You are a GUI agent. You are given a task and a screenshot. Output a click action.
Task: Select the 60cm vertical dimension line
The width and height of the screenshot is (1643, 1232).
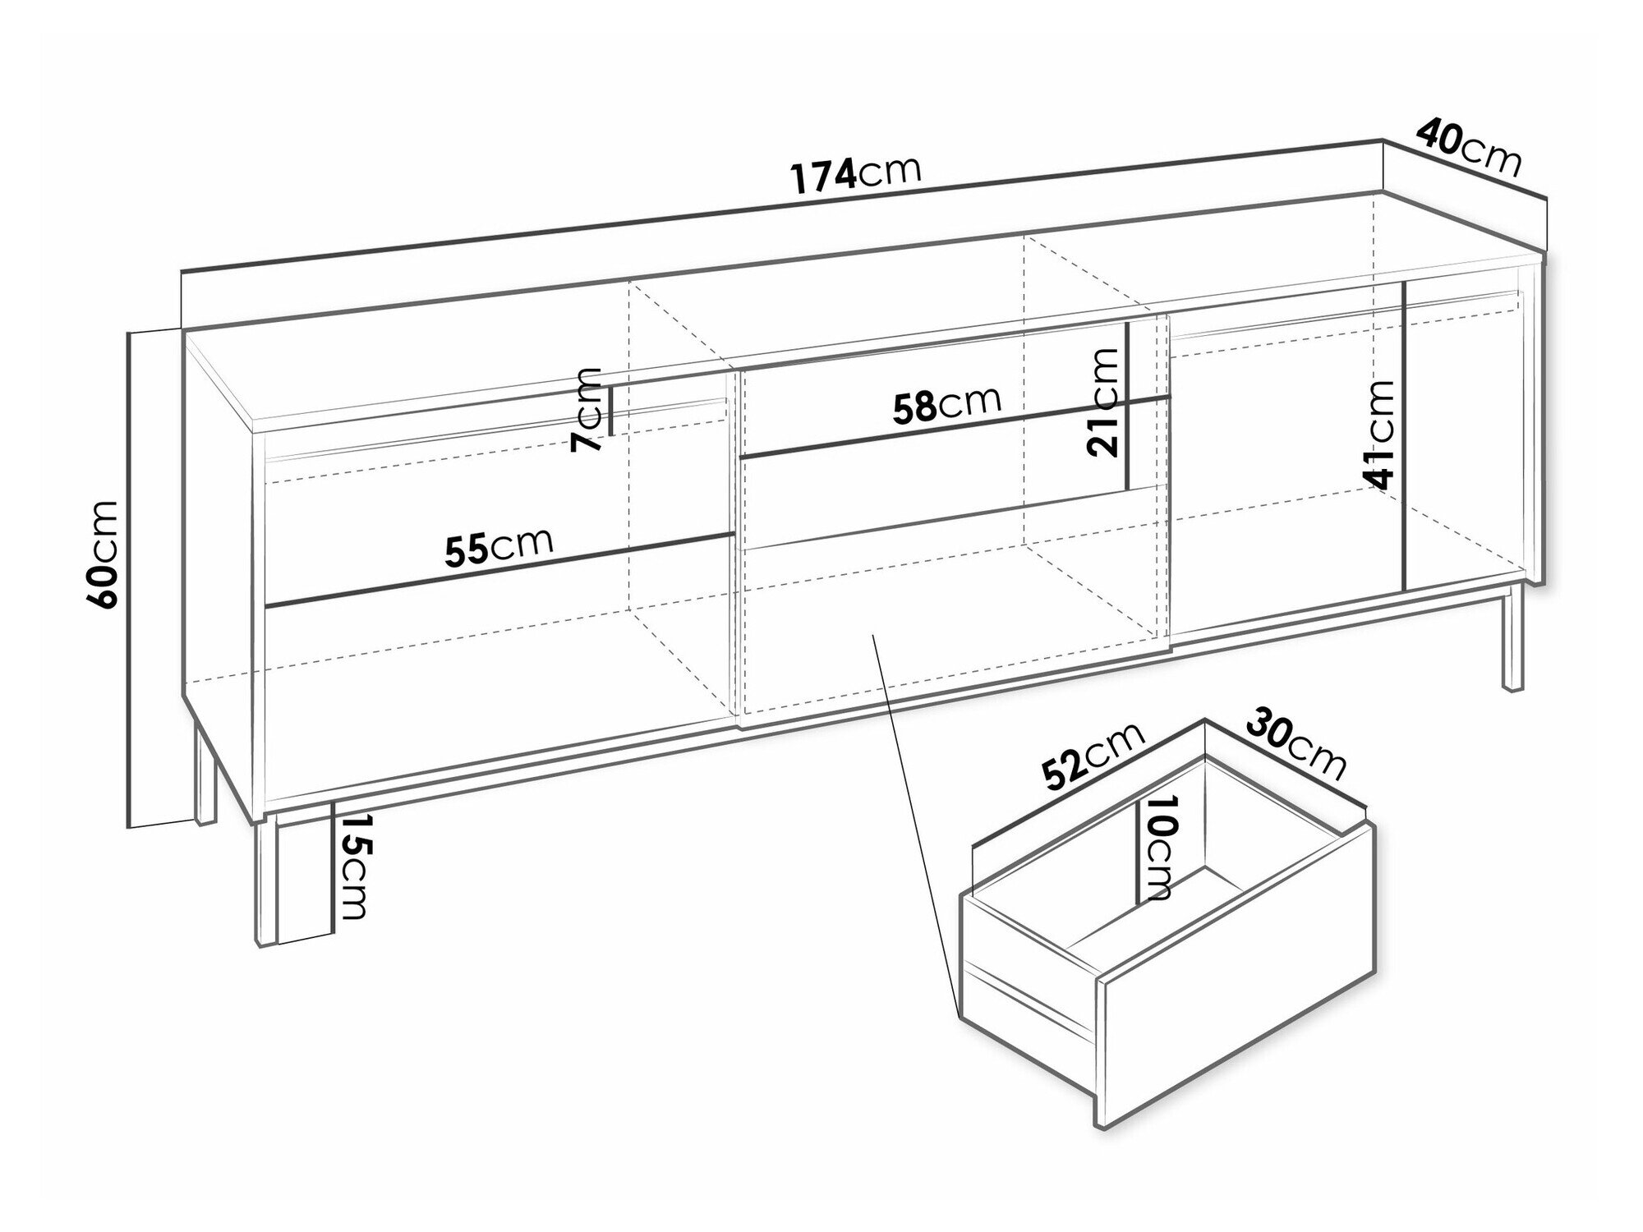[x=130, y=578]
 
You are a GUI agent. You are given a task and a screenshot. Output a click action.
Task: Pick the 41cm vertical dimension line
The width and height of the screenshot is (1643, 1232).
[x=1406, y=436]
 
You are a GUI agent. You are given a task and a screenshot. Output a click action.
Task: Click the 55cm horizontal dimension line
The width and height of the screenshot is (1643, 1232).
[x=499, y=571]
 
